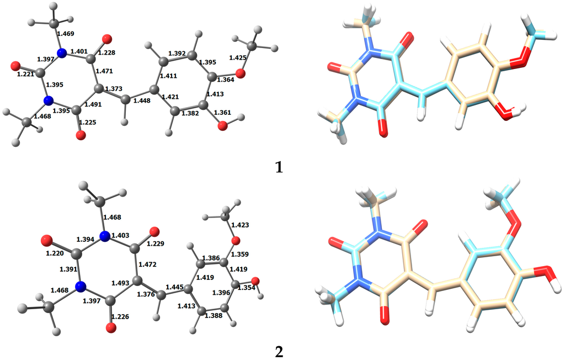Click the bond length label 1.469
67,34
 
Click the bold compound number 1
279,167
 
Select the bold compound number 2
279,351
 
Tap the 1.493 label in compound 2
119,283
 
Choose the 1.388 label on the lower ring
214,315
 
